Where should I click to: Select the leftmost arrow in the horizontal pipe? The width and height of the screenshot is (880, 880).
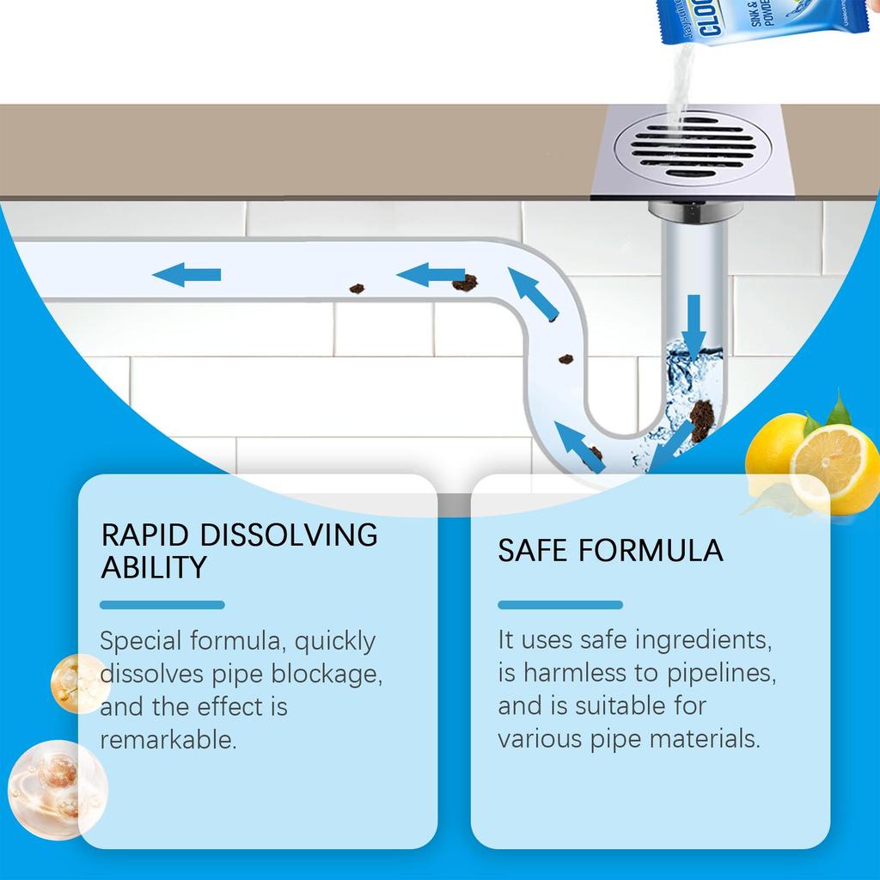[x=186, y=275]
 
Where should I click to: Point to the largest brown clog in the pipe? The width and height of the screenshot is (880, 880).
[x=702, y=419]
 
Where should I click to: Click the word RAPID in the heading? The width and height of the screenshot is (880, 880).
[x=145, y=535]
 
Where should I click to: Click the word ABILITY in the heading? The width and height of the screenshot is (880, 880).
[x=154, y=568]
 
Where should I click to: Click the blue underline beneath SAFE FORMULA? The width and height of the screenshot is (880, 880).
[x=560, y=605]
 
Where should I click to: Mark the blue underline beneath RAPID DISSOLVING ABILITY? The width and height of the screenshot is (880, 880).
[x=162, y=605]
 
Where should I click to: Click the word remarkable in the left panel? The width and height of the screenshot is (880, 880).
[x=168, y=740]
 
